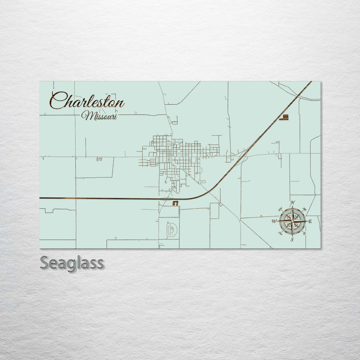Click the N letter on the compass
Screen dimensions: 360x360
pyautogui.click(x=293, y=203)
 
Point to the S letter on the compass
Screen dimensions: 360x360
pyautogui.click(x=292, y=239)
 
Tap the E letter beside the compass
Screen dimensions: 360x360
pyautogui.click(x=310, y=221)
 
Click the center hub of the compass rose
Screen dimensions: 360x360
pyautogui.click(x=292, y=221)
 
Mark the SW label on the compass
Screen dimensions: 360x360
pyautogui.click(x=280, y=233)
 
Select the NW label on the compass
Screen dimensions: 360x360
pyautogui.click(x=280, y=209)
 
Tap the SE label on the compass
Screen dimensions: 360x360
pyautogui.click(x=304, y=233)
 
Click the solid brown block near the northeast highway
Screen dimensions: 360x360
pyautogui.click(x=284, y=117)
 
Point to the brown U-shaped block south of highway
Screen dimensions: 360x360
pyautogui.click(x=175, y=203)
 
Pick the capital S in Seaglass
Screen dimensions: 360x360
pyautogui.click(x=45, y=263)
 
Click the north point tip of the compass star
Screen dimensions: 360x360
pyautogui.click(x=292, y=207)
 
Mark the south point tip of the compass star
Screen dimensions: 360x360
pyautogui.click(x=292, y=235)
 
